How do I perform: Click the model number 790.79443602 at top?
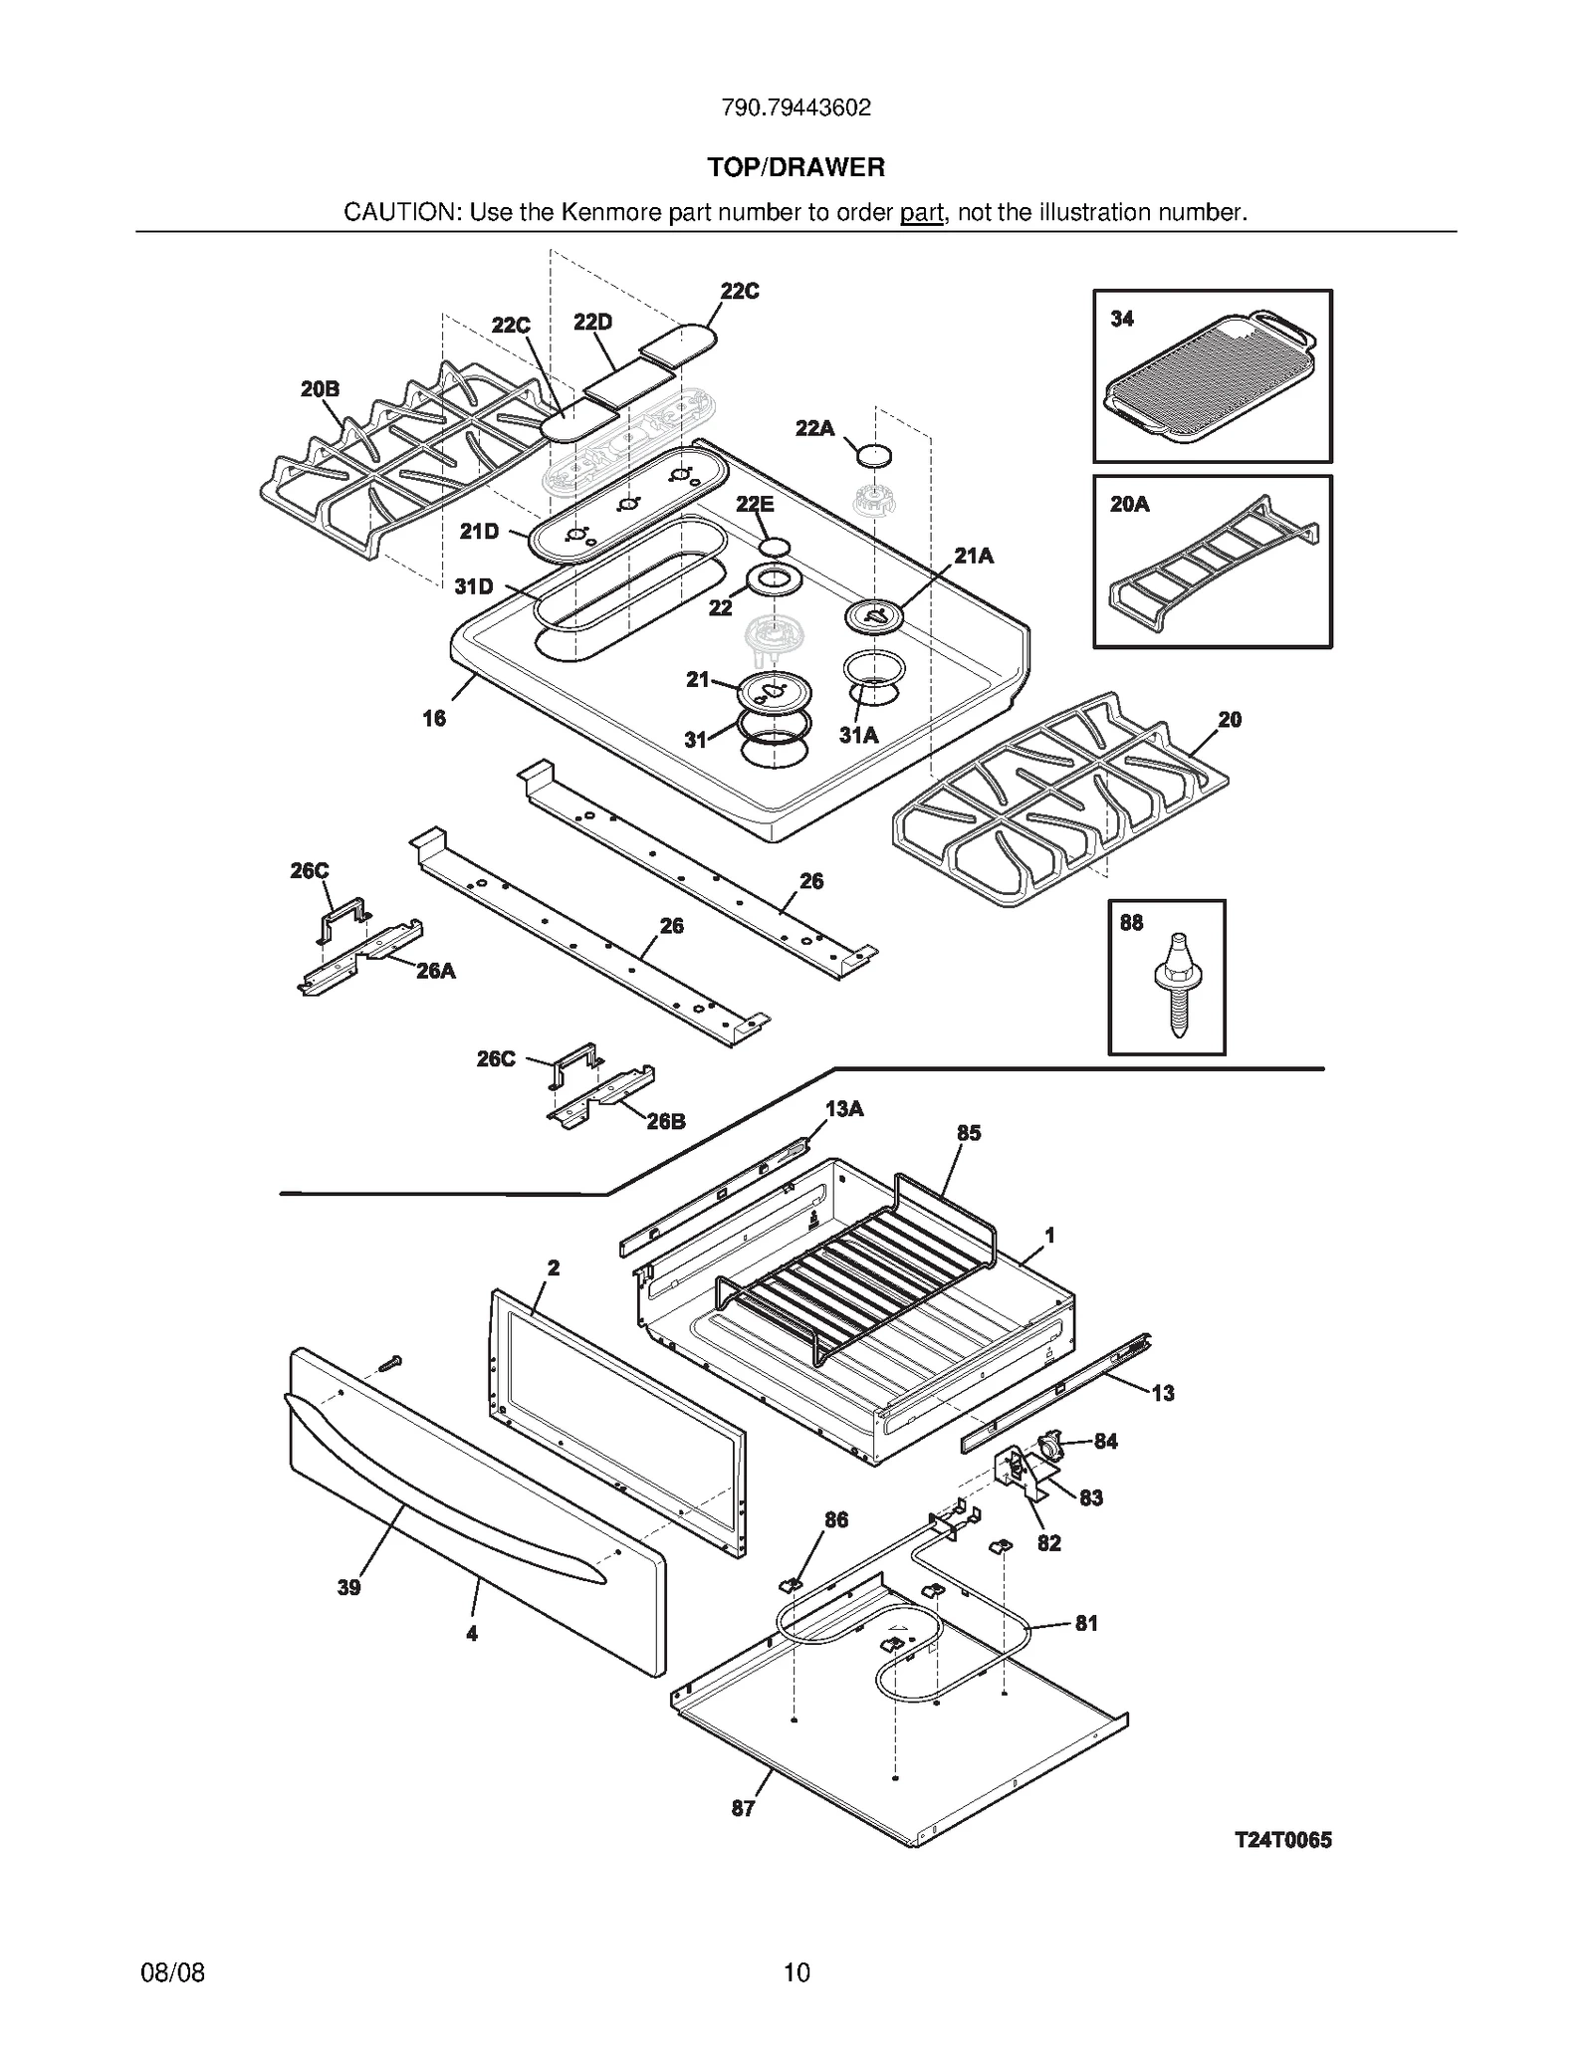tap(796, 108)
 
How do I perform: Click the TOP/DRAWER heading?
tap(796, 167)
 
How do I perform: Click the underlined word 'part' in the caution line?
tap(921, 213)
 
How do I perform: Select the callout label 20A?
tap(1129, 505)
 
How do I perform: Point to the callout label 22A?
tap(814, 428)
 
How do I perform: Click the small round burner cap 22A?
tap(874, 456)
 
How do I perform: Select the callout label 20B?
tap(320, 389)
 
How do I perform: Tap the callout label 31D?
tap(474, 586)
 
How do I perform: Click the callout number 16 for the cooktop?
tap(434, 718)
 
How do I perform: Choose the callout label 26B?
tap(666, 1121)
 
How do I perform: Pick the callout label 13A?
tap(844, 1108)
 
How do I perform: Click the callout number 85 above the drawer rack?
tap(968, 1133)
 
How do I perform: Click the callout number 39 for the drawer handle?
tap(348, 1587)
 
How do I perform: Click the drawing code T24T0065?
tap(1282, 1840)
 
